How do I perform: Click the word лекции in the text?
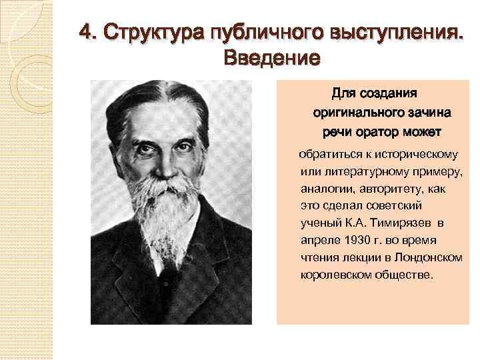pos(359,257)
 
